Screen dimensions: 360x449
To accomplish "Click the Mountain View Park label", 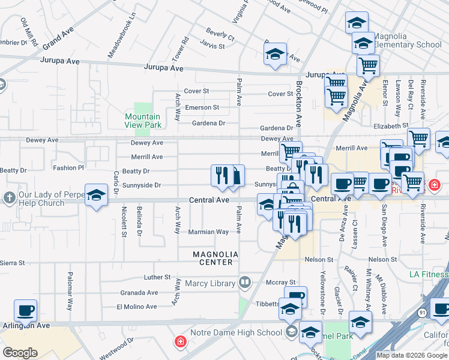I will click(143, 121).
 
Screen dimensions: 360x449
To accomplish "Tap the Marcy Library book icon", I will click(245, 282).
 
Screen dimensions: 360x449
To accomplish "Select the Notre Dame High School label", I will click(236, 332).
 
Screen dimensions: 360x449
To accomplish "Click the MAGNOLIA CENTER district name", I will click(215, 258).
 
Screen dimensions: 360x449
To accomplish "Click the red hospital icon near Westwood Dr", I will click(179, 343).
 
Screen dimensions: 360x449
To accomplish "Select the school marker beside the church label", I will click(95, 196).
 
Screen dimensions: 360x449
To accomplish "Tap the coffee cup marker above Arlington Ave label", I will click(25, 311).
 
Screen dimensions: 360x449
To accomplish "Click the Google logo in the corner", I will click(20, 353).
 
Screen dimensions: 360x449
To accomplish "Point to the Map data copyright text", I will click(412, 355).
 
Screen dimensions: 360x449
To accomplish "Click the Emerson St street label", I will click(202, 107).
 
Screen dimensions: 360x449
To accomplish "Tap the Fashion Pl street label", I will click(68, 168).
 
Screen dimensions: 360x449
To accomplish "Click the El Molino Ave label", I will click(139, 307).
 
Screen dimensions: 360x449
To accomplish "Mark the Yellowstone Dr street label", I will click(322, 288).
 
